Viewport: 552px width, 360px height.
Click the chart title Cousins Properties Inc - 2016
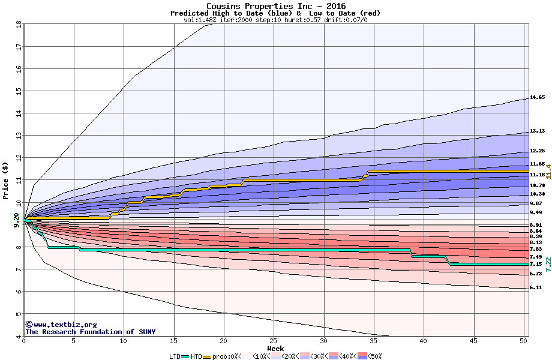click(x=275, y=6)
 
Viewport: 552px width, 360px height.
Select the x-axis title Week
click(x=275, y=349)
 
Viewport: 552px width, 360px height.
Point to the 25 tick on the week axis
click(x=274, y=341)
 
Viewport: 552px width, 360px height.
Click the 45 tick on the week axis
click(x=473, y=341)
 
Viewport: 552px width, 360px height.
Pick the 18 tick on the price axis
click(x=18, y=24)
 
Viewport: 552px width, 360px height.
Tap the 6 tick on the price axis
click(x=18, y=292)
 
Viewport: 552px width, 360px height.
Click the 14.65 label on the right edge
click(x=537, y=97)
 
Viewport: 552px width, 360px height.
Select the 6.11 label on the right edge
click(x=537, y=288)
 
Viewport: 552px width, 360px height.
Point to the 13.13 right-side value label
click(x=537, y=131)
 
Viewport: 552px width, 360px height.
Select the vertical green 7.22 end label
click(x=547, y=262)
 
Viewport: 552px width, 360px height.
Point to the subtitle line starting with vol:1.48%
click(x=275, y=20)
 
